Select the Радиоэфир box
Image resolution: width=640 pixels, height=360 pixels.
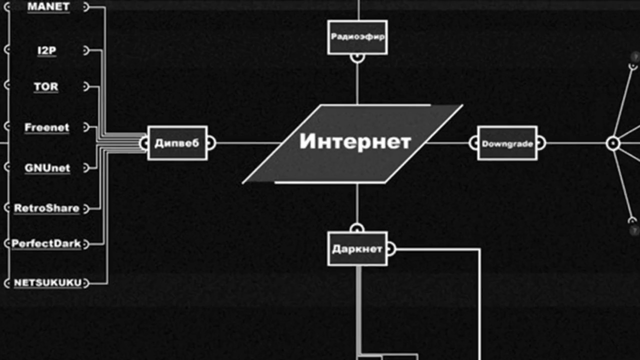coord(357,37)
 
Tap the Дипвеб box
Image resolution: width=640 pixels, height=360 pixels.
coord(177,143)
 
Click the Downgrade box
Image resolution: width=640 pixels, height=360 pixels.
coord(507,143)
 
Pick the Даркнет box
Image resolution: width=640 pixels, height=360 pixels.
coord(357,248)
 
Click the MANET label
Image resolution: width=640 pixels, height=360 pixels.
coord(48,7)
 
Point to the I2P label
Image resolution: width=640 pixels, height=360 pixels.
coord(46,50)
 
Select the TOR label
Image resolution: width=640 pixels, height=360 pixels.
coord(46,86)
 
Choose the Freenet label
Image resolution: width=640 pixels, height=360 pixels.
coord(46,127)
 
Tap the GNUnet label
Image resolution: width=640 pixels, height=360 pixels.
coord(47,168)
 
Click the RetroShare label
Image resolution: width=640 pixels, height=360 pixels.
coord(46,208)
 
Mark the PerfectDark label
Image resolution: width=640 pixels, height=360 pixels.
coord(46,244)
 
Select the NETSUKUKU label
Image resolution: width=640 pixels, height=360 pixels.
coord(47,283)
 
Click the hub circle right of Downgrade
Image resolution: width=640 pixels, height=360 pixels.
coord(613,143)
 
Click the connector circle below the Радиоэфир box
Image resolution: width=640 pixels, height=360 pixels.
coord(357,57)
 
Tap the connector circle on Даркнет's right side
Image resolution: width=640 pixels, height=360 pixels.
coord(390,248)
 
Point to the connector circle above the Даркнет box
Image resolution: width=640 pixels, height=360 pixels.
coord(357,228)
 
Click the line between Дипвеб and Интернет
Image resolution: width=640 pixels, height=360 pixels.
coord(245,143)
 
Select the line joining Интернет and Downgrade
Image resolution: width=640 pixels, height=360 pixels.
coord(447,143)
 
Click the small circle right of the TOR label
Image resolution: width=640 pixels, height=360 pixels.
coord(85,86)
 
